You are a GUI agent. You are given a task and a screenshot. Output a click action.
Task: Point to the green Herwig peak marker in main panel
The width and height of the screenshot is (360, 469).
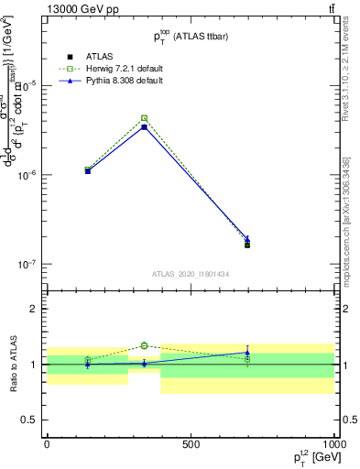tap(145, 118)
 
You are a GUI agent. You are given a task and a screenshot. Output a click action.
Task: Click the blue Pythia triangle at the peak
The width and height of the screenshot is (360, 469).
tap(145, 126)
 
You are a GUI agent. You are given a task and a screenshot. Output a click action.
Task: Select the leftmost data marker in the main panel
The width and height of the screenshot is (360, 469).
tap(88, 170)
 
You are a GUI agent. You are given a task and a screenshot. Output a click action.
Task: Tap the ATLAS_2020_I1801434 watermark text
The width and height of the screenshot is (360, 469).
tap(190, 274)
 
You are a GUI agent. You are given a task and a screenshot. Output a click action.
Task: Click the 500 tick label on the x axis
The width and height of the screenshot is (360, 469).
tap(191, 442)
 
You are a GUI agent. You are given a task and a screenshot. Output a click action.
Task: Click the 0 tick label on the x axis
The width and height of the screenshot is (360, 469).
tap(47, 442)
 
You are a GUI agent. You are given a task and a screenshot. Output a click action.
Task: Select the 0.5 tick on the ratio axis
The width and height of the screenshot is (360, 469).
tap(34, 420)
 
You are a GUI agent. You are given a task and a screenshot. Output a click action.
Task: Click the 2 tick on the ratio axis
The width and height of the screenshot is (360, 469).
tap(38, 309)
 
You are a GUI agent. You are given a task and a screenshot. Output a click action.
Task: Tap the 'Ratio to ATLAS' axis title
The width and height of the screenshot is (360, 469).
tap(12, 364)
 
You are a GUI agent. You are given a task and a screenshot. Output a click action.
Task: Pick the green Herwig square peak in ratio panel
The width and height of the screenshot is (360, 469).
tap(145, 345)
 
